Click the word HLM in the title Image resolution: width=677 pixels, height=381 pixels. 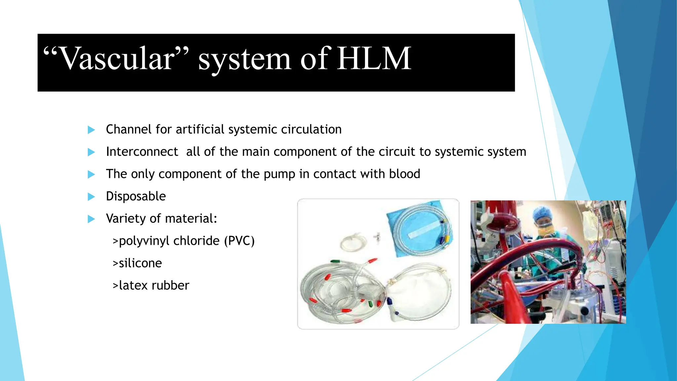click(374, 59)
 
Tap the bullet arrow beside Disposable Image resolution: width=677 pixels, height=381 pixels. click(91, 197)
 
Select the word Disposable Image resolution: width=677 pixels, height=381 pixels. click(136, 196)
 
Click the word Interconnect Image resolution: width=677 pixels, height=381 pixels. click(142, 152)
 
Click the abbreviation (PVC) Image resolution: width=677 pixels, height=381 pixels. click(239, 241)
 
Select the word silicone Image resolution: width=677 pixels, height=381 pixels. click(140, 263)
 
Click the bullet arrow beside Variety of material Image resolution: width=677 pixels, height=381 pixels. click(91, 219)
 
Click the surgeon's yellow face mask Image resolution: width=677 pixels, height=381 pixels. click(545, 229)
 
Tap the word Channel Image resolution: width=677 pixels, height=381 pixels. click(129, 129)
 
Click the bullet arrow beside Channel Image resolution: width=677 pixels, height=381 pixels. click(91, 130)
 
